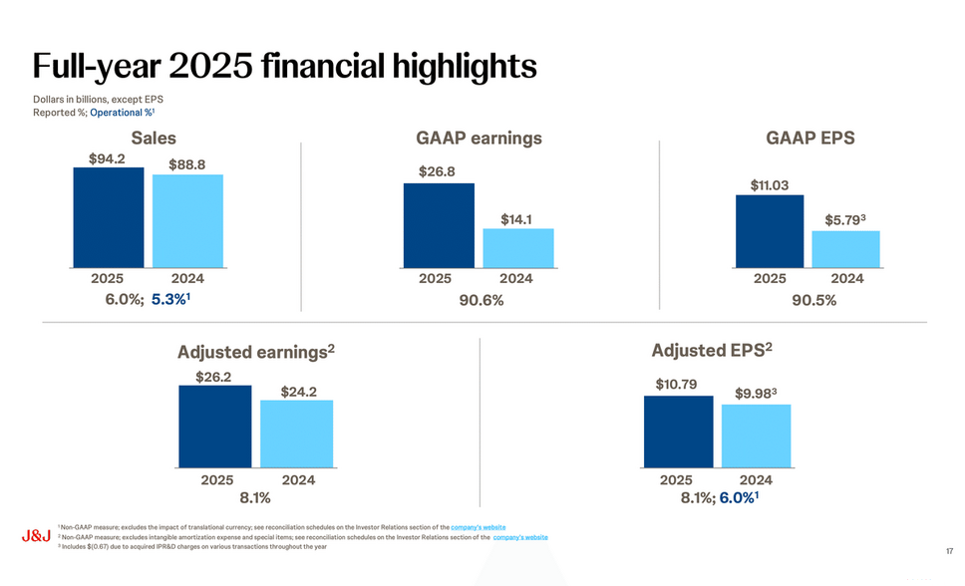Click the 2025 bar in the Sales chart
tap(109, 217)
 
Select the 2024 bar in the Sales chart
tap(187, 221)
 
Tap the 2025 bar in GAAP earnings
tap(439, 225)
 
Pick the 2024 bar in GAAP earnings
tap(517, 248)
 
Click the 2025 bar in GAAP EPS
tap(770, 231)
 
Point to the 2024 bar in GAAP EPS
tap(846, 249)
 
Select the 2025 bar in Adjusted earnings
tap(214, 426)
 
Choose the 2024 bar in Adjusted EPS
tap(756, 436)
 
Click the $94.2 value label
tap(107, 157)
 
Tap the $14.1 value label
tap(517, 218)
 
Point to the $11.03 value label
tap(770, 184)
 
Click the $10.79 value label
tap(677, 384)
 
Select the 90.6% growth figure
tap(481, 301)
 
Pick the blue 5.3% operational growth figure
tap(170, 300)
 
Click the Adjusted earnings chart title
tap(255, 353)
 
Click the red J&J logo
tap(36, 536)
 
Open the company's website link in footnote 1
tap(478, 526)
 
